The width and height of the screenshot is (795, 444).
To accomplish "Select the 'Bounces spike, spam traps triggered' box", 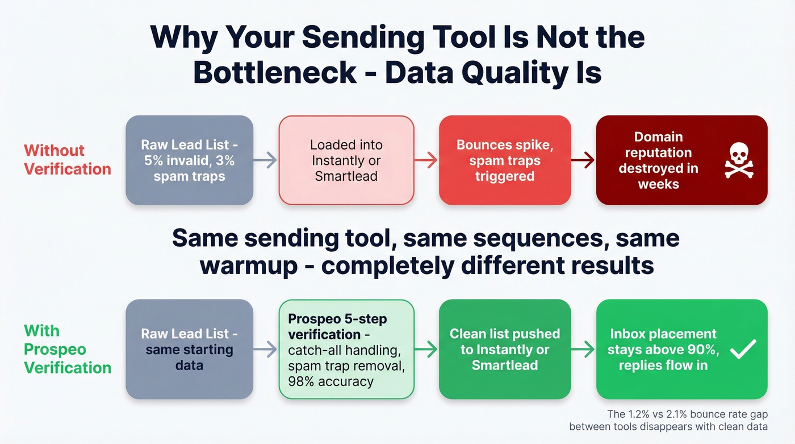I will [504, 160].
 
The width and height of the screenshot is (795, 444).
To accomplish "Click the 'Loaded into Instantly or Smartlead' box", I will [346, 160].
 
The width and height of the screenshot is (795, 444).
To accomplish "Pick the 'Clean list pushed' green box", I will [504, 349].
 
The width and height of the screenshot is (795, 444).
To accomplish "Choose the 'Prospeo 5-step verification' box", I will [346, 349].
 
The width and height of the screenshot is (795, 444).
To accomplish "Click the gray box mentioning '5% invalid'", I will [189, 160].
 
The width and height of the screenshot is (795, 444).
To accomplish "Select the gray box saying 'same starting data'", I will [189, 349].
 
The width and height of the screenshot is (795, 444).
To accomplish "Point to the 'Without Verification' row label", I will [67, 160].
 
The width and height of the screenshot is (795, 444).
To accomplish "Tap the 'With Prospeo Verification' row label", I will [67, 349].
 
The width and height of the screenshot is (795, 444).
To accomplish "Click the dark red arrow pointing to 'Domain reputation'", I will [583, 160].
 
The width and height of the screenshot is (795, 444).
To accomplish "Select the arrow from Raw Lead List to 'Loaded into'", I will [266, 160].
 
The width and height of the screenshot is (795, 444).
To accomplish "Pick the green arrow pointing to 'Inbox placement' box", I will [583, 350].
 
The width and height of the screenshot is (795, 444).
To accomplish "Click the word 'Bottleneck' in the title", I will [275, 73].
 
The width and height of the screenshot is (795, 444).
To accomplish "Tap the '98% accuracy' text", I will [330, 381].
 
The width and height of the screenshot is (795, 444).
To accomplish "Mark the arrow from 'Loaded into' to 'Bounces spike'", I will [426, 160].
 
